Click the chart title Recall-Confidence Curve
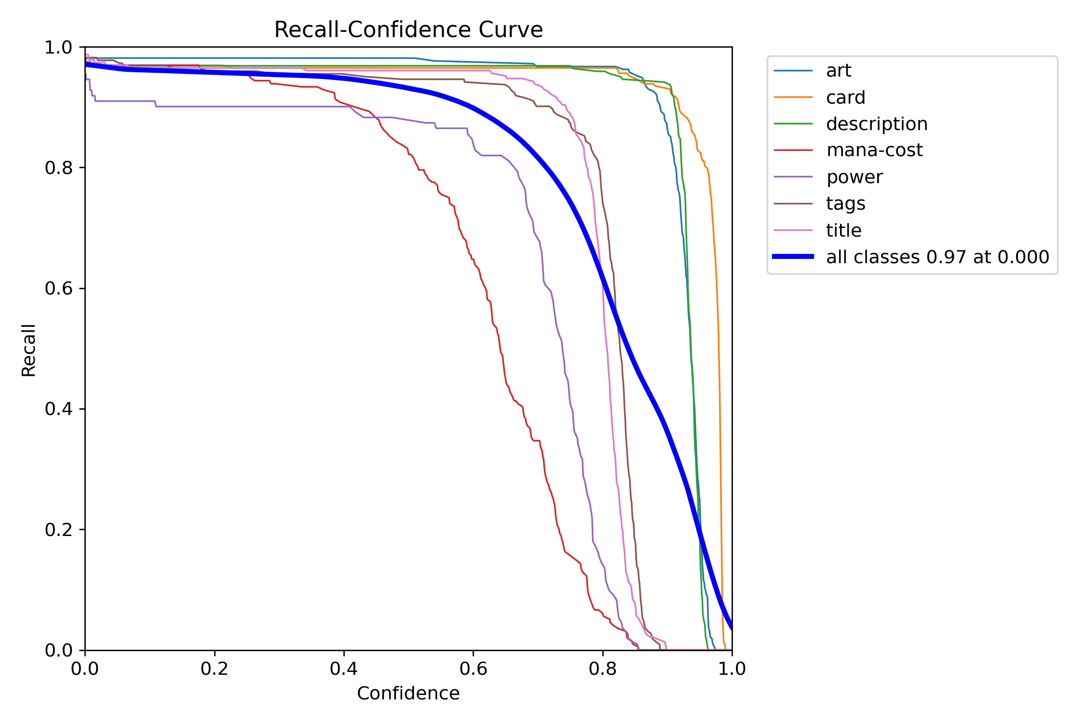click(408, 29)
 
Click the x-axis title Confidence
click(408, 693)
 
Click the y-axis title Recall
click(28, 350)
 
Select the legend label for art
click(839, 71)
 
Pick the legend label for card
click(845, 97)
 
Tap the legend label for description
click(877, 124)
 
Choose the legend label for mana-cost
click(874, 150)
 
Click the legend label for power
click(854, 177)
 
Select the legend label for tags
click(845, 203)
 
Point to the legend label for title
click(843, 230)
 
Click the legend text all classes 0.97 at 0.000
click(937, 257)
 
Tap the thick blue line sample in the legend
click(793, 256)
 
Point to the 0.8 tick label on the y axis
click(58, 168)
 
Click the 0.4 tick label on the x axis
click(344, 669)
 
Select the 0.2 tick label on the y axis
click(58, 530)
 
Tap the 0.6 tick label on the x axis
click(473, 669)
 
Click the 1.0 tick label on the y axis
click(58, 47)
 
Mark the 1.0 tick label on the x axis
click(732, 669)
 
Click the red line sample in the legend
click(793, 150)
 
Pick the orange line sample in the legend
click(793, 97)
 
